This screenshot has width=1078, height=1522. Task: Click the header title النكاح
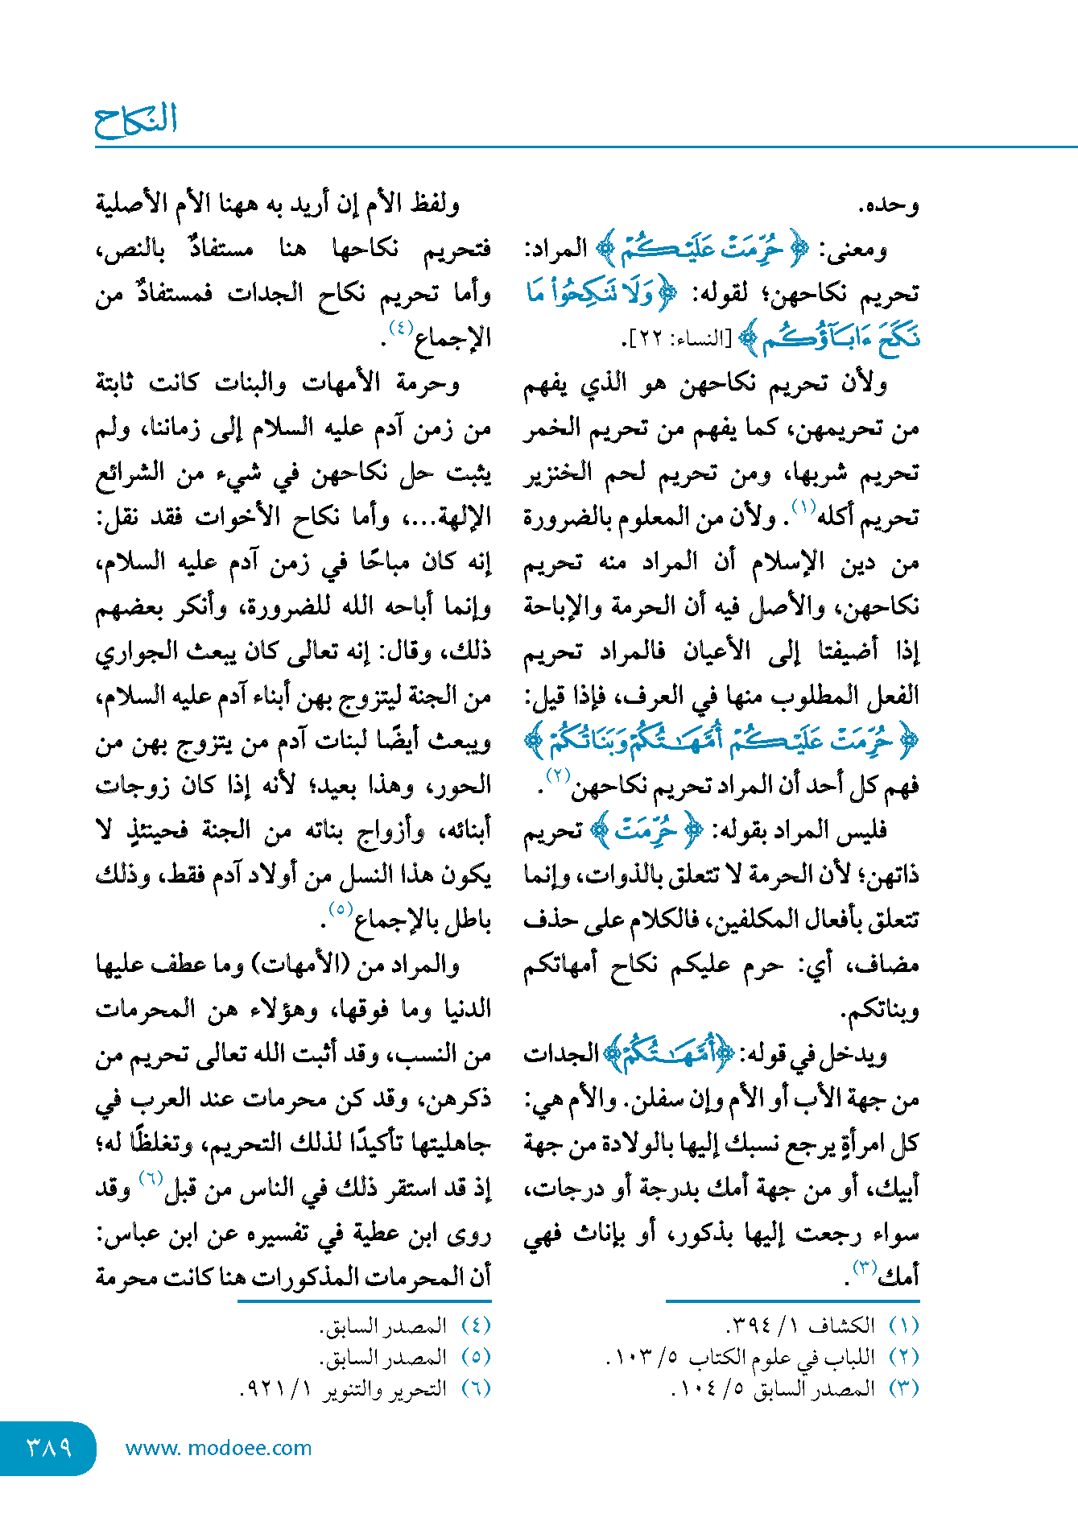click(136, 121)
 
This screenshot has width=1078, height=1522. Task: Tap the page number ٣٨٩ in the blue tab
click(49, 1447)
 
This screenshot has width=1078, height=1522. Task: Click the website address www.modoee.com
click(218, 1448)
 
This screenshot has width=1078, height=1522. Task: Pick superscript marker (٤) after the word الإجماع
click(401, 328)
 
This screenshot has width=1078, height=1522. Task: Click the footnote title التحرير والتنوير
click(385, 1389)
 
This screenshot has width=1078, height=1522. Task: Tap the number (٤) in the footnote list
click(476, 1326)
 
